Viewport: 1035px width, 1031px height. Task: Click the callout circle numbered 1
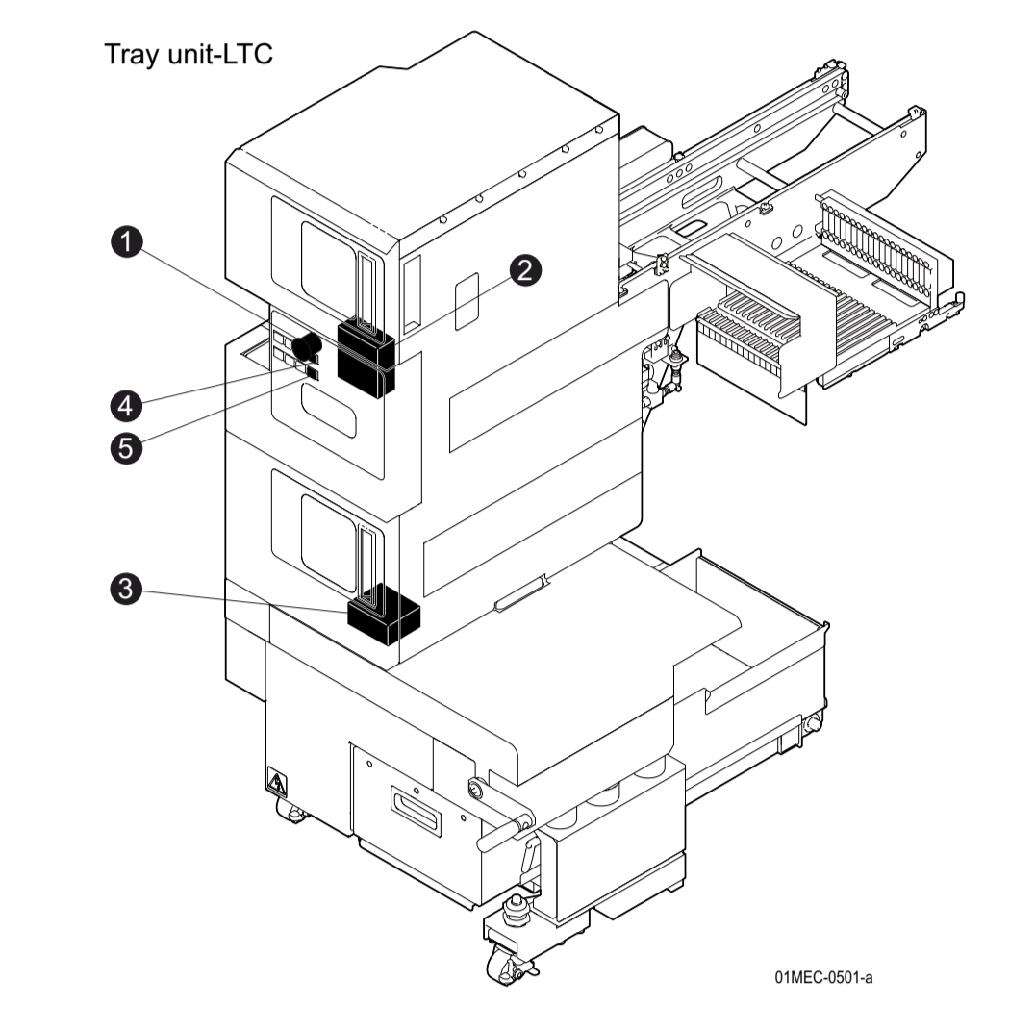click(x=125, y=243)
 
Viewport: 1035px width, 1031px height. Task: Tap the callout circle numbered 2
click(x=524, y=270)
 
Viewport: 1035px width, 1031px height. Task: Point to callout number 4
click(x=125, y=405)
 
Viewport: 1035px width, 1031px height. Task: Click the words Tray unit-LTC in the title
click(x=189, y=55)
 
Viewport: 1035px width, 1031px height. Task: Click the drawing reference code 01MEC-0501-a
click(x=823, y=978)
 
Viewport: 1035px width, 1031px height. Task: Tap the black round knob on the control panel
click(x=307, y=344)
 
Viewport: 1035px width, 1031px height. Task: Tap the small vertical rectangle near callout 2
click(x=466, y=297)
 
